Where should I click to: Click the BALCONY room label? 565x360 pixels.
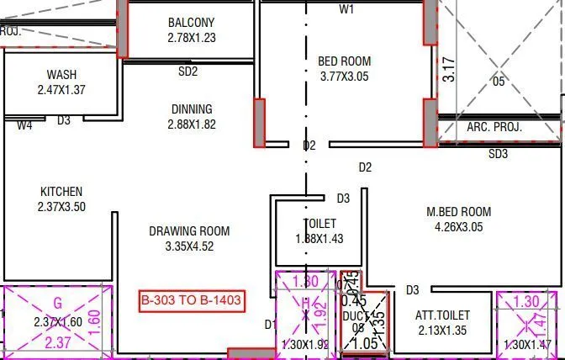(x=191, y=23)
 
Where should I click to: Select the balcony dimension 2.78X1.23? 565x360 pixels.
(x=191, y=39)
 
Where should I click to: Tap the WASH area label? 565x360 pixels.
(x=62, y=75)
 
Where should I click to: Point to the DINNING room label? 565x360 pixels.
(x=192, y=109)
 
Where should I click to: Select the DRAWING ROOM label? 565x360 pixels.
(x=189, y=231)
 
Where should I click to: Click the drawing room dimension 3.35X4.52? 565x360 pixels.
(x=189, y=246)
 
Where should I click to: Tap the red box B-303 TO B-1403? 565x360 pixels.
(x=193, y=300)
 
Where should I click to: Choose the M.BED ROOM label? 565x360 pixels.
(x=458, y=212)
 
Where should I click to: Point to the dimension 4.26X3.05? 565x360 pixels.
(x=458, y=227)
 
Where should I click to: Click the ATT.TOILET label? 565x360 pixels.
(x=442, y=315)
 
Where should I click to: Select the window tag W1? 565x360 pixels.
(x=346, y=9)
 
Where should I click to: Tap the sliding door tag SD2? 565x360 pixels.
(x=187, y=71)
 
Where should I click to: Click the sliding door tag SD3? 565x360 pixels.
(x=499, y=154)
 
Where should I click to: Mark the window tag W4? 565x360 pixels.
(x=24, y=124)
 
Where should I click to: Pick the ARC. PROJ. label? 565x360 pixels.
(x=494, y=128)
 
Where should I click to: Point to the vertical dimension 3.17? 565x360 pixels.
(x=450, y=68)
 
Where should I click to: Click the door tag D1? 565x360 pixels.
(x=270, y=324)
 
